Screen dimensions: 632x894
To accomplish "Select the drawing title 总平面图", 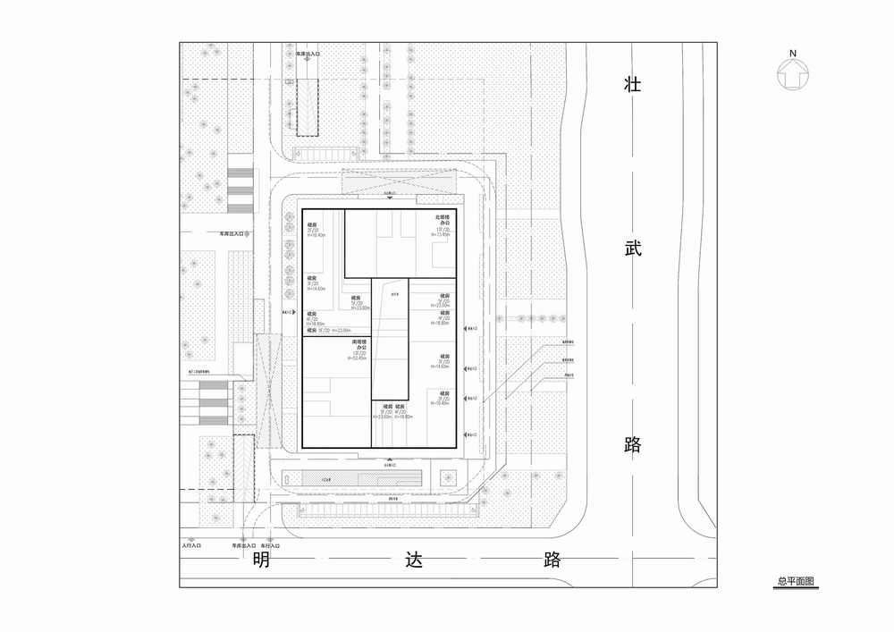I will coord(795,581).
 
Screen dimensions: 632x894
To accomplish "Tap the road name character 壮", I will coord(633,87).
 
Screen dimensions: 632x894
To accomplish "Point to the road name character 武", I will coord(633,254).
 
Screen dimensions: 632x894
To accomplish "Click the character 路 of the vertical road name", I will coord(633,443).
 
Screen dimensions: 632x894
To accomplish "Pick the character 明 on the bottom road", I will coord(261,560).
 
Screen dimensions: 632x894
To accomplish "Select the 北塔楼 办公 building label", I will coord(443,220).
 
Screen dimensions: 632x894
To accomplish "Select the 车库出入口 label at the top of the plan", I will coord(308,55).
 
